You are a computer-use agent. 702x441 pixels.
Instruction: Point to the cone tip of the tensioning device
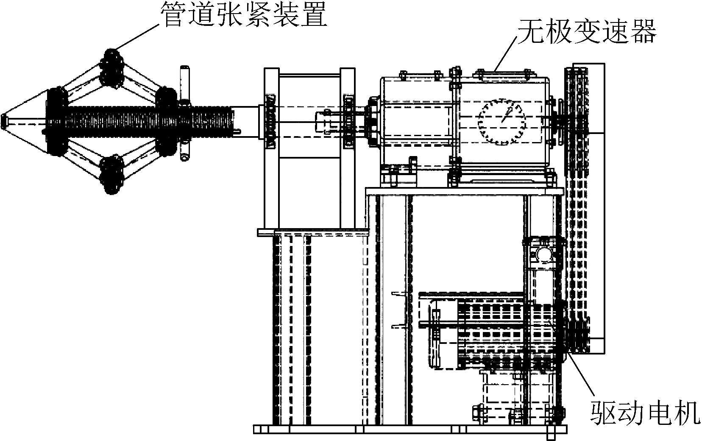4,121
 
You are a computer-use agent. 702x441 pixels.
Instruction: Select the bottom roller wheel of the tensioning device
111,175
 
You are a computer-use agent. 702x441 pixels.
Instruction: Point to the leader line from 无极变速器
506,53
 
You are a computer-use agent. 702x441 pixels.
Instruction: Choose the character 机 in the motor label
687,413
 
